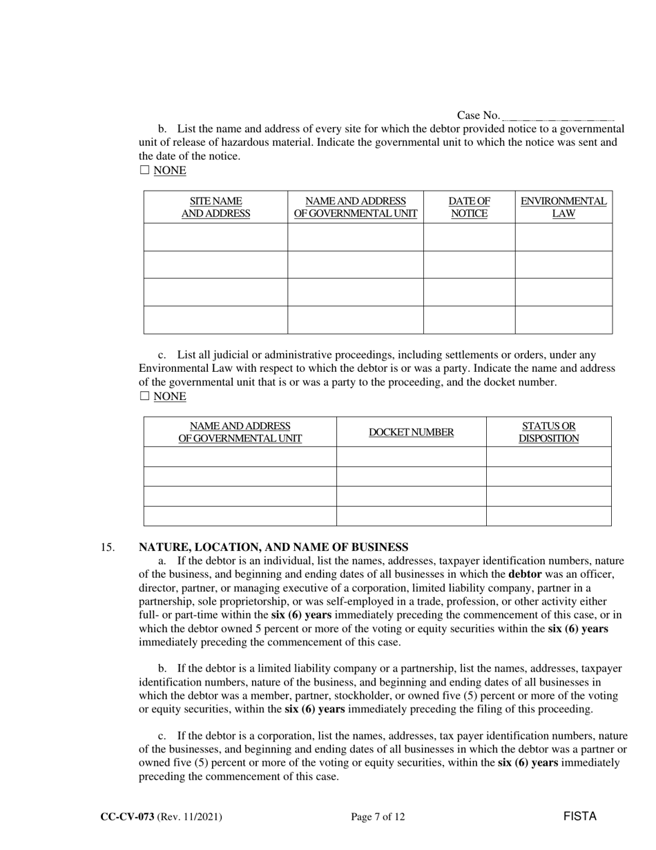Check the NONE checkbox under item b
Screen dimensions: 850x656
coord(144,170)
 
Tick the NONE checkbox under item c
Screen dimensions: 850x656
coord(144,396)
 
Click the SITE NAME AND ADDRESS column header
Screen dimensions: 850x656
coord(215,207)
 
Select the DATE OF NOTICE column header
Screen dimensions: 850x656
coord(469,207)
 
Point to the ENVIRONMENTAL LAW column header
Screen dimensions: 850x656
coord(563,207)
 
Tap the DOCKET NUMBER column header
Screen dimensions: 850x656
coord(411,432)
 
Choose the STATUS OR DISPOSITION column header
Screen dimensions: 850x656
coord(548,432)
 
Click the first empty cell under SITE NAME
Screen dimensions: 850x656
coord(215,237)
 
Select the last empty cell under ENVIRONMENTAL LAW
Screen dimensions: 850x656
coord(563,319)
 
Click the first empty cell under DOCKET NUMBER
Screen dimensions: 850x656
coord(411,457)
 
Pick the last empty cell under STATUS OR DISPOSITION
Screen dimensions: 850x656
coord(548,516)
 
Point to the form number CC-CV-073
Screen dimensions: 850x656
coord(127,817)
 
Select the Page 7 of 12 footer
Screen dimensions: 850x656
coord(378,817)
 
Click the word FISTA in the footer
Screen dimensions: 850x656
coord(579,816)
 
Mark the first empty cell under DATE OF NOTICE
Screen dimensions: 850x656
coord(469,237)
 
